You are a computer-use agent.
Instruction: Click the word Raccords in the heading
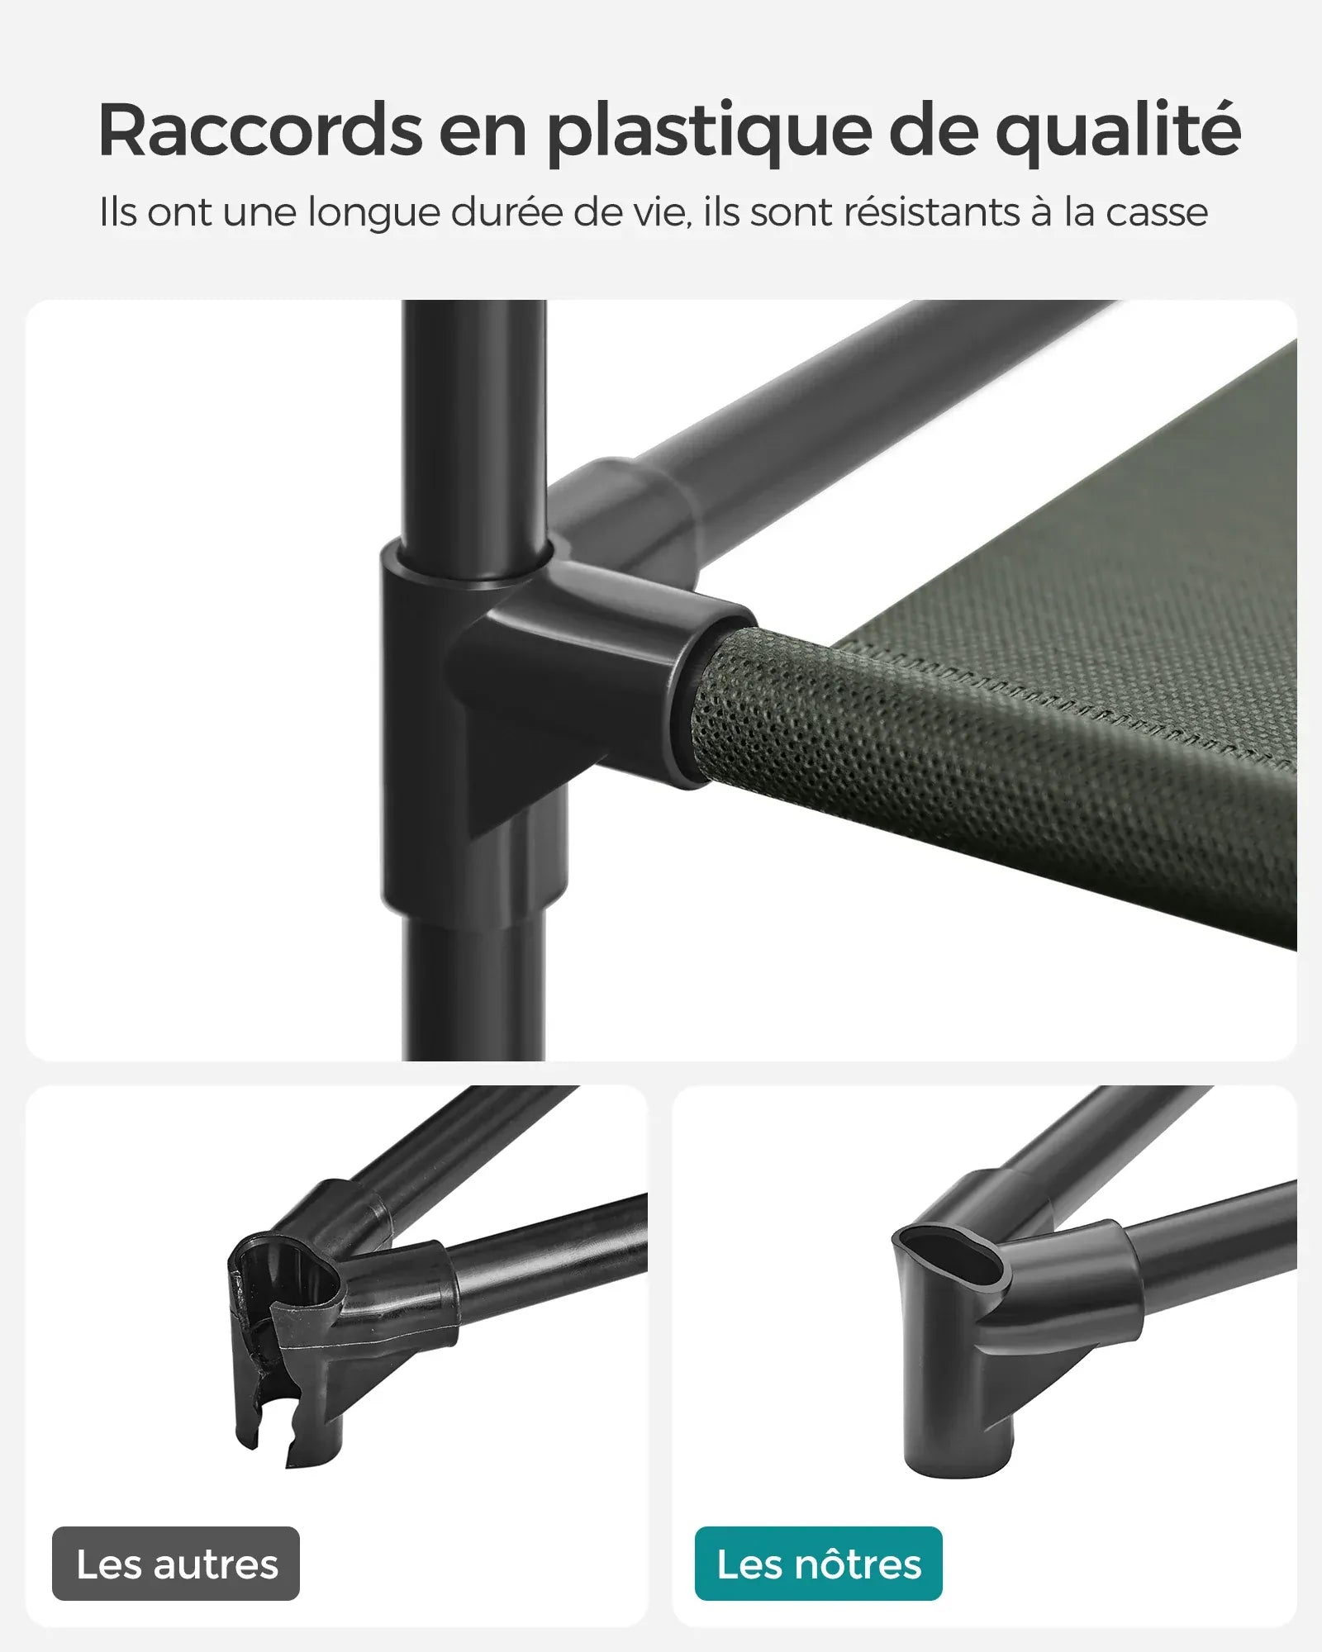(x=260, y=131)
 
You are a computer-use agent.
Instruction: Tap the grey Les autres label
(x=176, y=1564)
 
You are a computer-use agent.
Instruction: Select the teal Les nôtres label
(x=818, y=1564)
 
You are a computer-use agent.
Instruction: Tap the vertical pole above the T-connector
(x=473, y=413)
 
